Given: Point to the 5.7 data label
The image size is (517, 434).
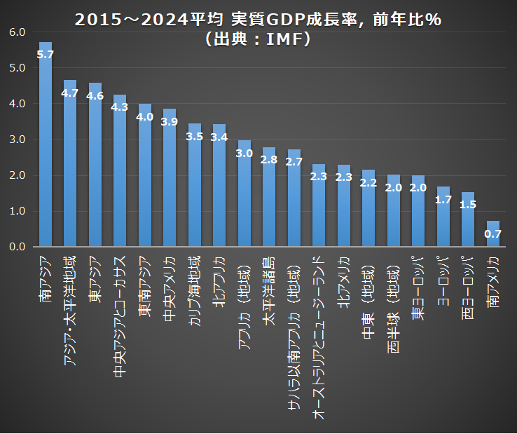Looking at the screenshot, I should (x=46, y=55).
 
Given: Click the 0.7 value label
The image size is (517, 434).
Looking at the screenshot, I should (x=493, y=233).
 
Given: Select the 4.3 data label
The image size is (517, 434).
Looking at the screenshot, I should (x=120, y=107).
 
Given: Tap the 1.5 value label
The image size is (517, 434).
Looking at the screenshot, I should (x=468, y=205).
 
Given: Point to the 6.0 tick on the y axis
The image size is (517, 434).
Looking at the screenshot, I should (x=18, y=32).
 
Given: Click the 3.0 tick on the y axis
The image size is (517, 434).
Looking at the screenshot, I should (x=18, y=140).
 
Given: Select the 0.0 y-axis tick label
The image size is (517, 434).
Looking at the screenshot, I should (x=18, y=247).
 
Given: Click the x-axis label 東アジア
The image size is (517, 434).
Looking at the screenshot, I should (x=95, y=277).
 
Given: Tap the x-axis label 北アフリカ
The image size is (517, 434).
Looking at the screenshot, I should (x=219, y=280).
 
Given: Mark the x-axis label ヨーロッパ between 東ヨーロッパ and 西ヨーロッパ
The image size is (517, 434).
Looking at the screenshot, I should (x=443, y=280).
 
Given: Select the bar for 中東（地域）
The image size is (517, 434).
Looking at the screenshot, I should (x=368, y=210).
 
